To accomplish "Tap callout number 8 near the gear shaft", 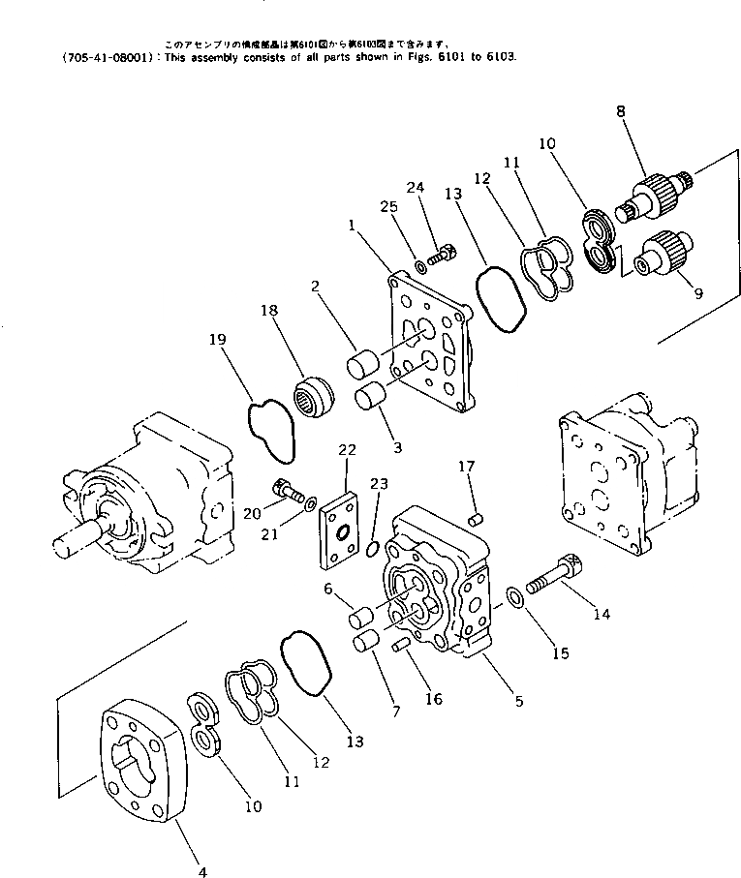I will click(620, 112).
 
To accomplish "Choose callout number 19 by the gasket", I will click(218, 339).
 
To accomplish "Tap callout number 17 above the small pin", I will click(466, 466).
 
